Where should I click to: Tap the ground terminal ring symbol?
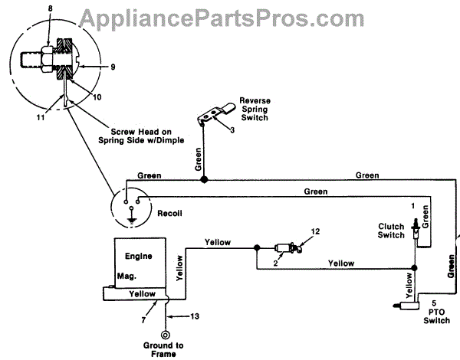click(165, 334)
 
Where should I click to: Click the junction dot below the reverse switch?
click(203, 179)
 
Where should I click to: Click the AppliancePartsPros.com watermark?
click(229, 18)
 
